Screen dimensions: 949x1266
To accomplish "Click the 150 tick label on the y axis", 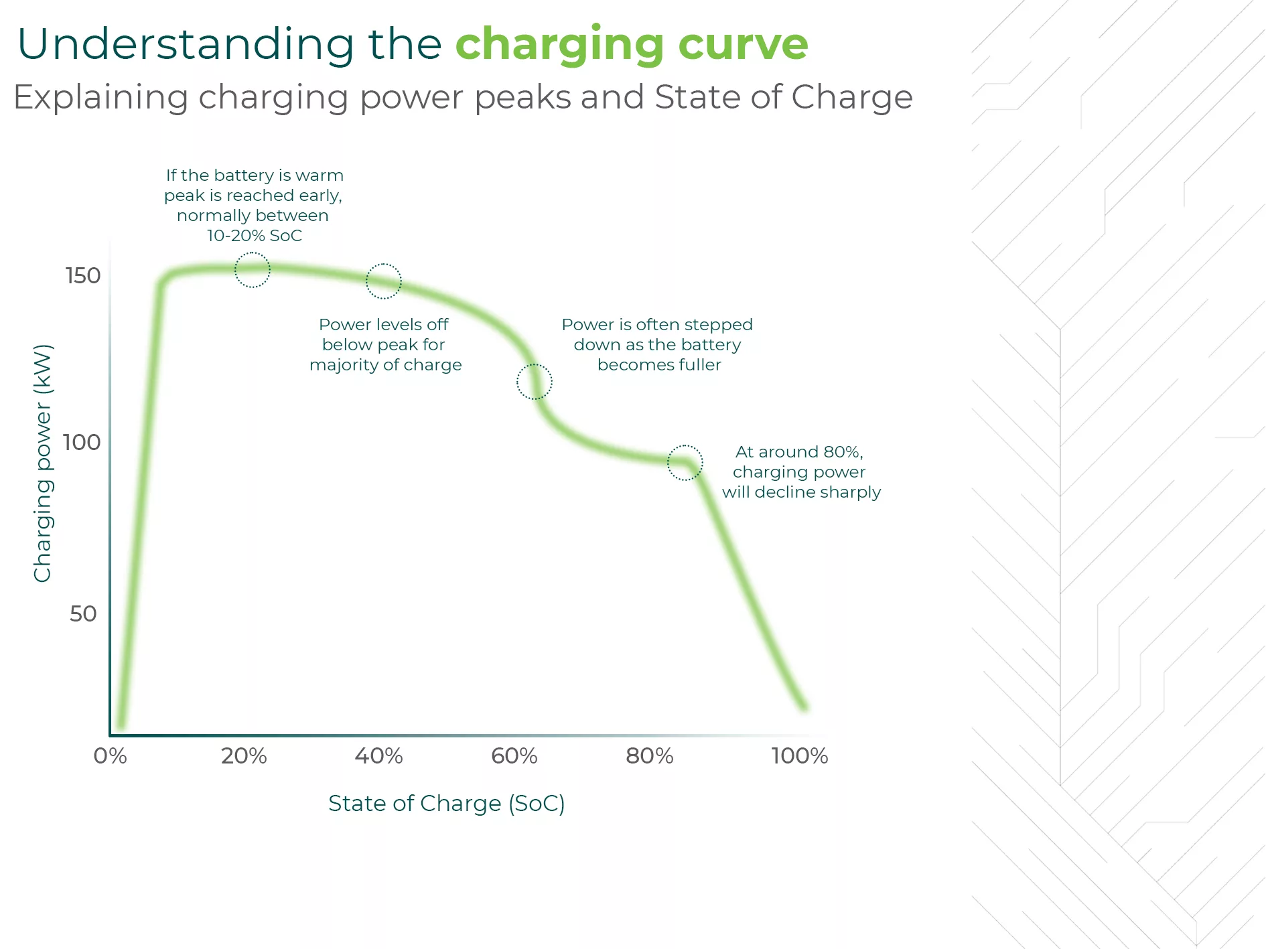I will pos(83,275).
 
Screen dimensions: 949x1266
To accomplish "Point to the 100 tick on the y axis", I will pos(82,442).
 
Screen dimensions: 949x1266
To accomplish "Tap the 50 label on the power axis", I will pos(84,613).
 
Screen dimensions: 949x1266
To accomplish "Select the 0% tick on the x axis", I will pos(111,755).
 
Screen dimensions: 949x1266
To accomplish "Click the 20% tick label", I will pos(244,755).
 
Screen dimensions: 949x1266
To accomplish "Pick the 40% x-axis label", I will pos(379,755).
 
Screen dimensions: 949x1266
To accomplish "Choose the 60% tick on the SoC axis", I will pos(514,755).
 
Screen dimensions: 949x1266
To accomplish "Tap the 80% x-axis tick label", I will pos(650,755).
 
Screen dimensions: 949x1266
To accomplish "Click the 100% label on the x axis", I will pos(800,755).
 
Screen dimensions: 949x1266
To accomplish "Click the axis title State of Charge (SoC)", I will pos(446,803).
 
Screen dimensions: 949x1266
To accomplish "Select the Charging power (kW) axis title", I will pos(42,463).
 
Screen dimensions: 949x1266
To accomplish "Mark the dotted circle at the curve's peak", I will pos(253,270).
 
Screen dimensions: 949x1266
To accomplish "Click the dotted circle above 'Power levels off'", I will pos(384,281).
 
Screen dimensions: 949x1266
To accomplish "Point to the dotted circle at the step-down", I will pos(535,382).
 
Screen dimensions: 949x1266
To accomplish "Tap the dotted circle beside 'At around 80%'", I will pos(685,463).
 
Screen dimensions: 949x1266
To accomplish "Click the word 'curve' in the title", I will pos(743,44).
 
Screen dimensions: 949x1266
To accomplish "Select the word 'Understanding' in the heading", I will pos(186,44).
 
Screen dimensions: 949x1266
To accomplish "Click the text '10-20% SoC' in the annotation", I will pos(255,236).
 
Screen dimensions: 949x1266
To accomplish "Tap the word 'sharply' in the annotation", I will pos(851,492).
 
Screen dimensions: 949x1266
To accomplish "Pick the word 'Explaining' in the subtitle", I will pos(101,98).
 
